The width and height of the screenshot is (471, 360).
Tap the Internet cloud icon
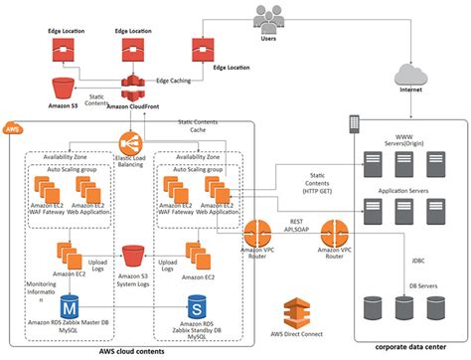tap(414, 74)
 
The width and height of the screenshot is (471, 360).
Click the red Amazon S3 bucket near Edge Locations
tap(66, 86)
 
